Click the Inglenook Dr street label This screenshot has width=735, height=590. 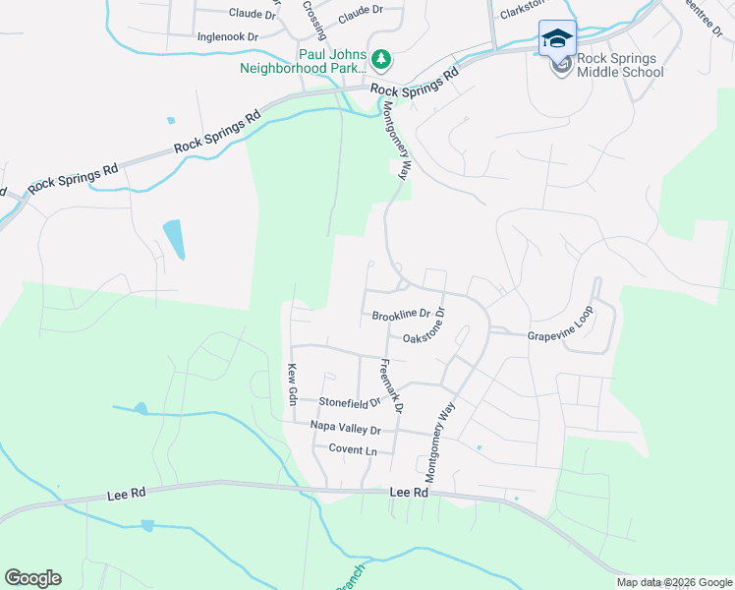(x=227, y=36)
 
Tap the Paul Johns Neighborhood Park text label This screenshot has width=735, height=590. (x=304, y=61)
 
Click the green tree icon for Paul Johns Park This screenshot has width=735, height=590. (x=381, y=61)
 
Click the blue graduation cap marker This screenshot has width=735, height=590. (x=557, y=38)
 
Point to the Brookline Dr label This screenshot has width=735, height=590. (x=402, y=316)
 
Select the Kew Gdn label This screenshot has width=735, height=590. (x=292, y=383)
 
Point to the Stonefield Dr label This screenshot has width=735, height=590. (x=350, y=402)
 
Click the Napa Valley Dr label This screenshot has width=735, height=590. (x=345, y=429)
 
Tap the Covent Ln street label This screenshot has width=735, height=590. (x=353, y=449)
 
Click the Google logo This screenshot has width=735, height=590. (x=32, y=578)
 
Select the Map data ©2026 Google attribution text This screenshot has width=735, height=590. (x=674, y=582)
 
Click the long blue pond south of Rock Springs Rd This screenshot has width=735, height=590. (x=173, y=239)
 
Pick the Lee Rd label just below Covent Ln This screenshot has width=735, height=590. (x=410, y=492)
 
